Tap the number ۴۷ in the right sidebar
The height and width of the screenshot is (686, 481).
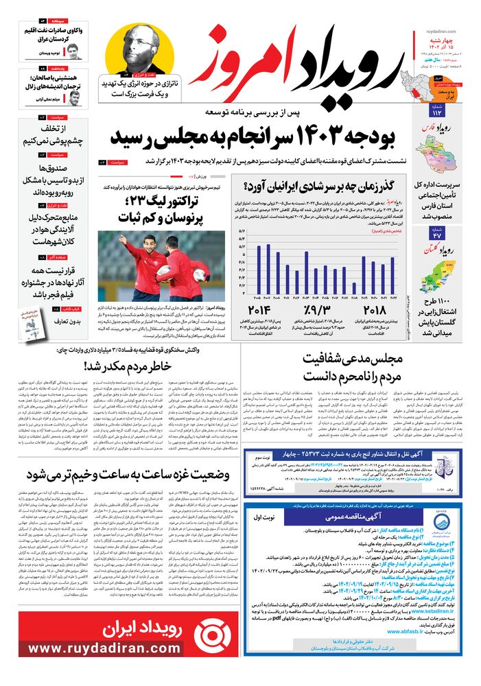pyautogui.click(x=438, y=235)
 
